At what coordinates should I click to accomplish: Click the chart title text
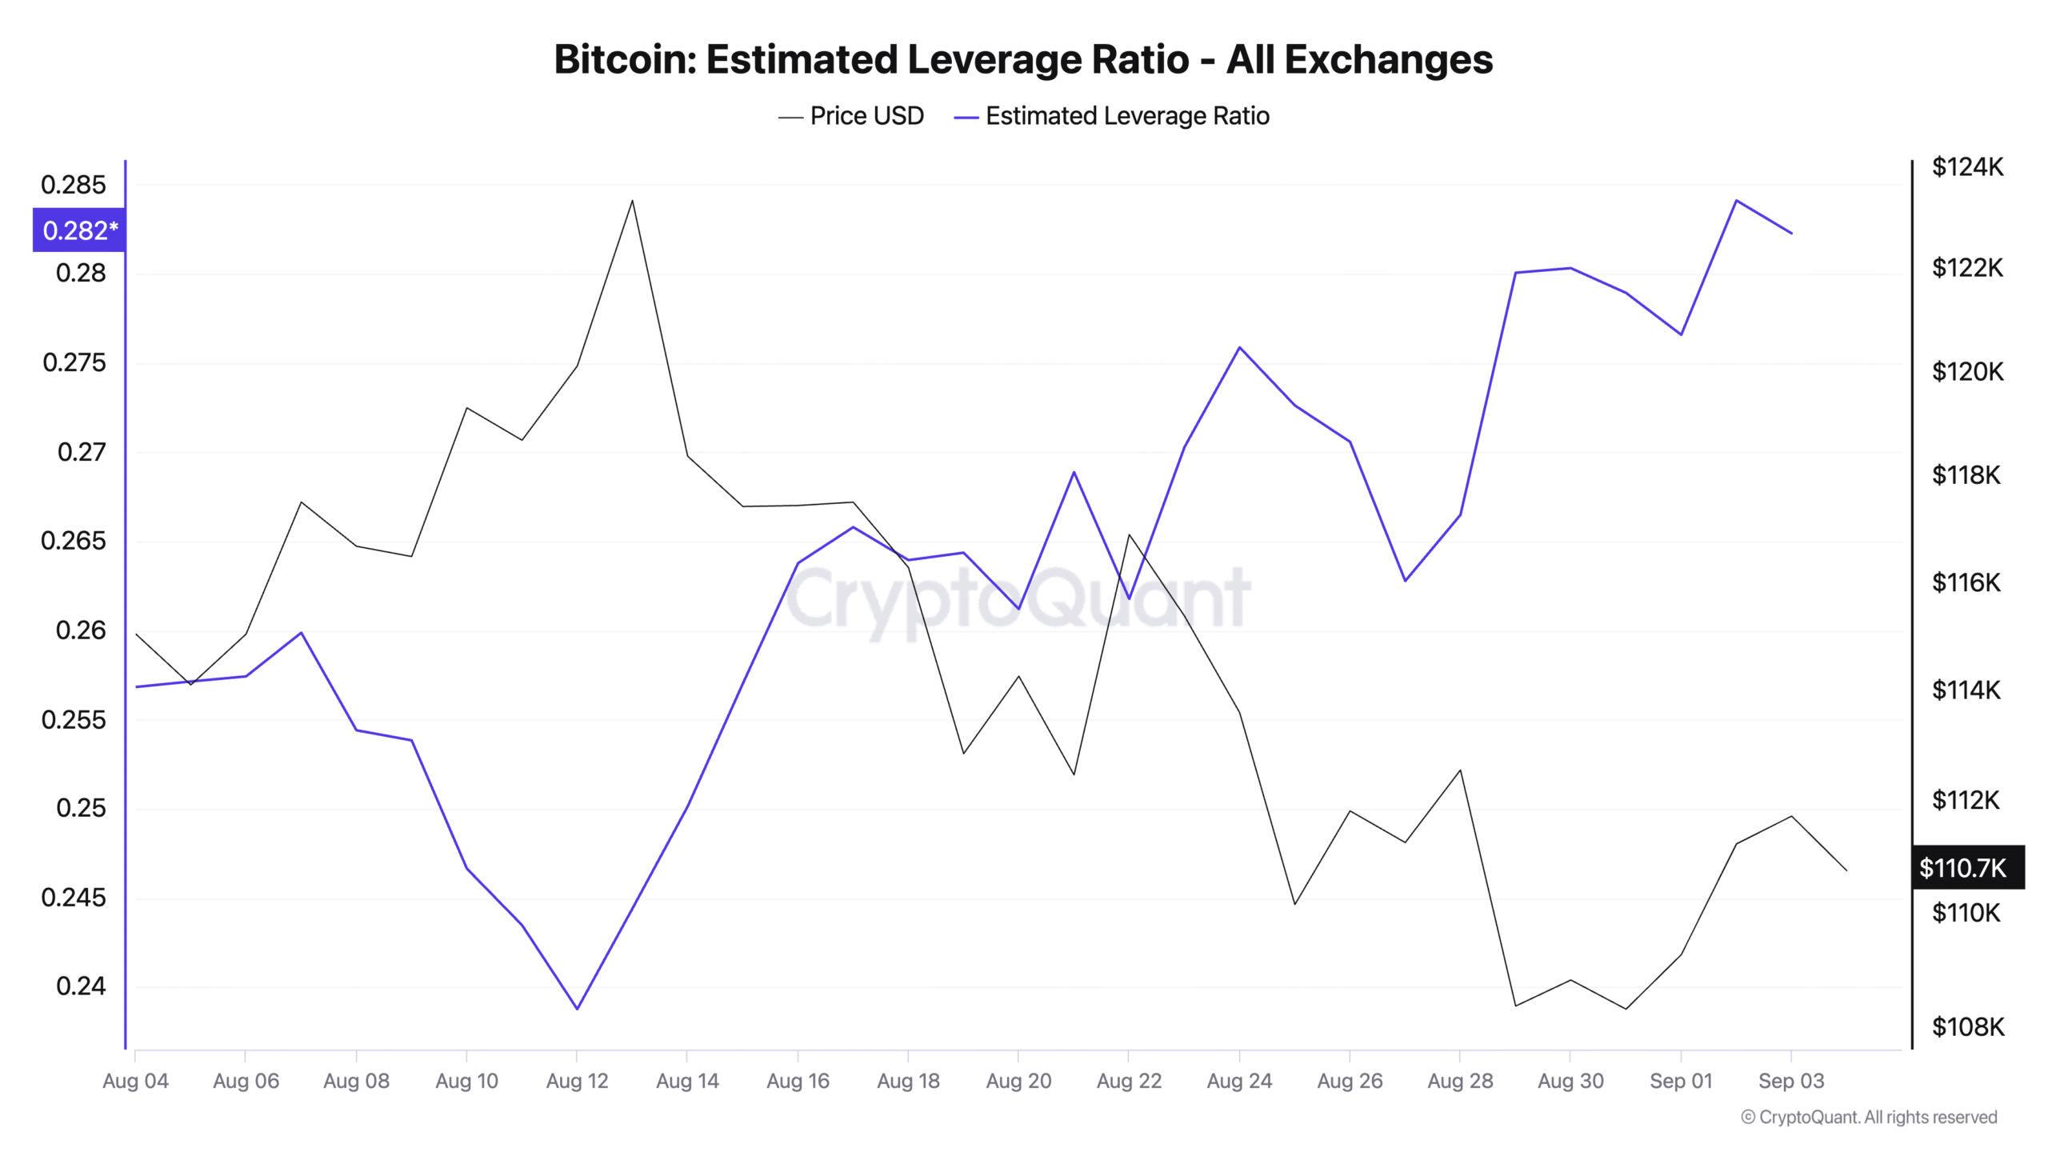click(x=1022, y=59)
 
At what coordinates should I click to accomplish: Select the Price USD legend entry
click(x=851, y=116)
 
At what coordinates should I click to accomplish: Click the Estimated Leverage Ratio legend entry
click(x=1111, y=116)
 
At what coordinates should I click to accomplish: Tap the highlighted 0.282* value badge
click(x=79, y=230)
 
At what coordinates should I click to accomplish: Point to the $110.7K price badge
click(x=1966, y=867)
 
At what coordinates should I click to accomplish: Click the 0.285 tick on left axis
click(x=73, y=185)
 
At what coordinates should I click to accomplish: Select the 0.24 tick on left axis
click(x=80, y=986)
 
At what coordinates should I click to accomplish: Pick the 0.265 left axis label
click(x=73, y=541)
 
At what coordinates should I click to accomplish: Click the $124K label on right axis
click(x=1966, y=167)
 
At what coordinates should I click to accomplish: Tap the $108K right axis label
click(x=1966, y=1026)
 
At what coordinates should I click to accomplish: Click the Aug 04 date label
click(x=135, y=1081)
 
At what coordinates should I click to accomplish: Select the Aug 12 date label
click(x=577, y=1081)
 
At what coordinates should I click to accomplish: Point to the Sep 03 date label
click(x=1790, y=1081)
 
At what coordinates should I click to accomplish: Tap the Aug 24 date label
click(x=1238, y=1081)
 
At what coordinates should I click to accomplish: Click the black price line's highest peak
click(x=632, y=200)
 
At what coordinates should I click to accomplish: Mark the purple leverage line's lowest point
click(x=577, y=1009)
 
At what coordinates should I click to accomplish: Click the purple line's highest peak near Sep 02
click(x=1735, y=200)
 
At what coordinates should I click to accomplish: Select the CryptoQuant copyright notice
click(x=1868, y=1117)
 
